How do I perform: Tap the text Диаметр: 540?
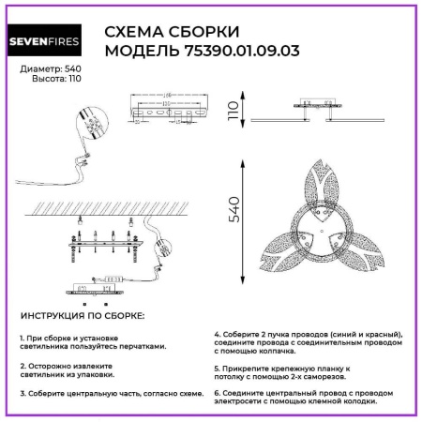pos(46,69)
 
